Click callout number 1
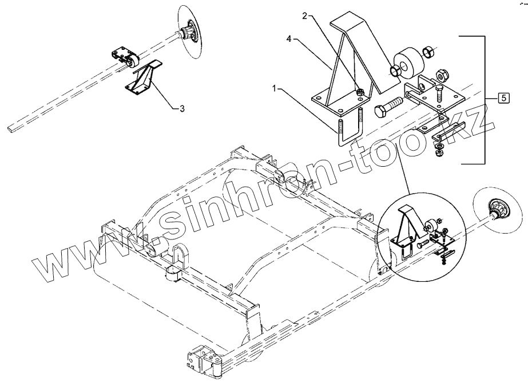tap(275, 89)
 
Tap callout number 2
tap(305, 17)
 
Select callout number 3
tap(181, 108)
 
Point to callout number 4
tap(289, 40)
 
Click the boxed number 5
tap(503, 98)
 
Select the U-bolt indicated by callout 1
tap(350, 130)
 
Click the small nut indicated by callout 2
tap(360, 93)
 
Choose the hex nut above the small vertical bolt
tap(441, 74)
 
